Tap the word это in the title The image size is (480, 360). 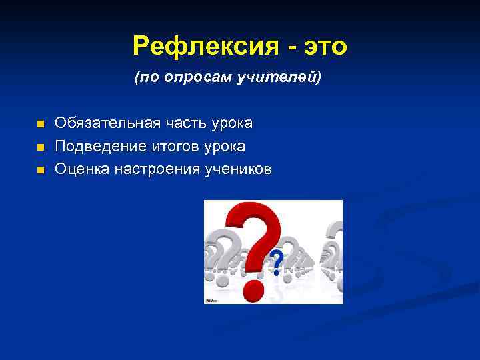325,47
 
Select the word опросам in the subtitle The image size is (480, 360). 201,79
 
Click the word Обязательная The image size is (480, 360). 107,123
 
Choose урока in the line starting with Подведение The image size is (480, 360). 224,146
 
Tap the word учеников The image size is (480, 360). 238,169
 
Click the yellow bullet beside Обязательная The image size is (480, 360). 40,125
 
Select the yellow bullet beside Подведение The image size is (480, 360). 40,147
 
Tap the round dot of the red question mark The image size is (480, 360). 253,289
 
